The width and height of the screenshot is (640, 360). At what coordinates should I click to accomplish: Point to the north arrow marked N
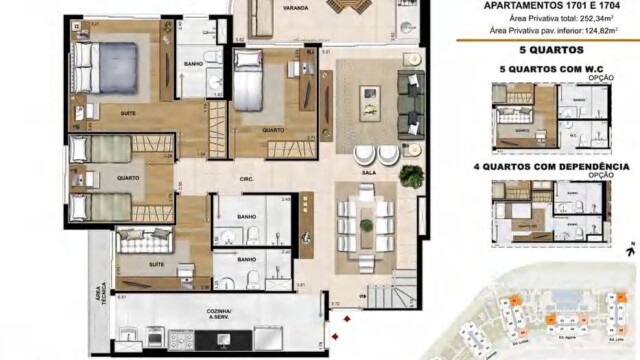633,248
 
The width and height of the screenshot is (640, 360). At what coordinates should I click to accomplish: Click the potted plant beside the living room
410,176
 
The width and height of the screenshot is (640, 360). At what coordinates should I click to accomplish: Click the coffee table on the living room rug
370,96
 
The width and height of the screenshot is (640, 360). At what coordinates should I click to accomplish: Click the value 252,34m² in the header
585,19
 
